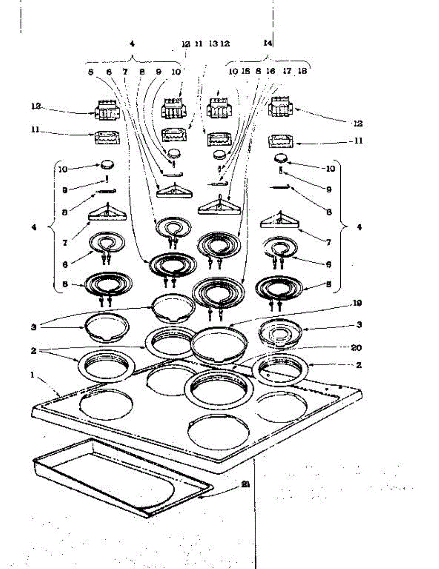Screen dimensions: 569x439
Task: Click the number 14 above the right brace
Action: pyautogui.click(x=268, y=43)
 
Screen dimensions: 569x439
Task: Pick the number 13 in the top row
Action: pyautogui.click(x=213, y=44)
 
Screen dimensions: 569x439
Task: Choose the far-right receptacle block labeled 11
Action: pyautogui.click(x=281, y=141)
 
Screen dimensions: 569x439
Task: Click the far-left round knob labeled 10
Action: pyautogui.click(x=107, y=164)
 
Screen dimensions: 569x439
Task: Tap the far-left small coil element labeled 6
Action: pyautogui.click(x=108, y=244)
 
